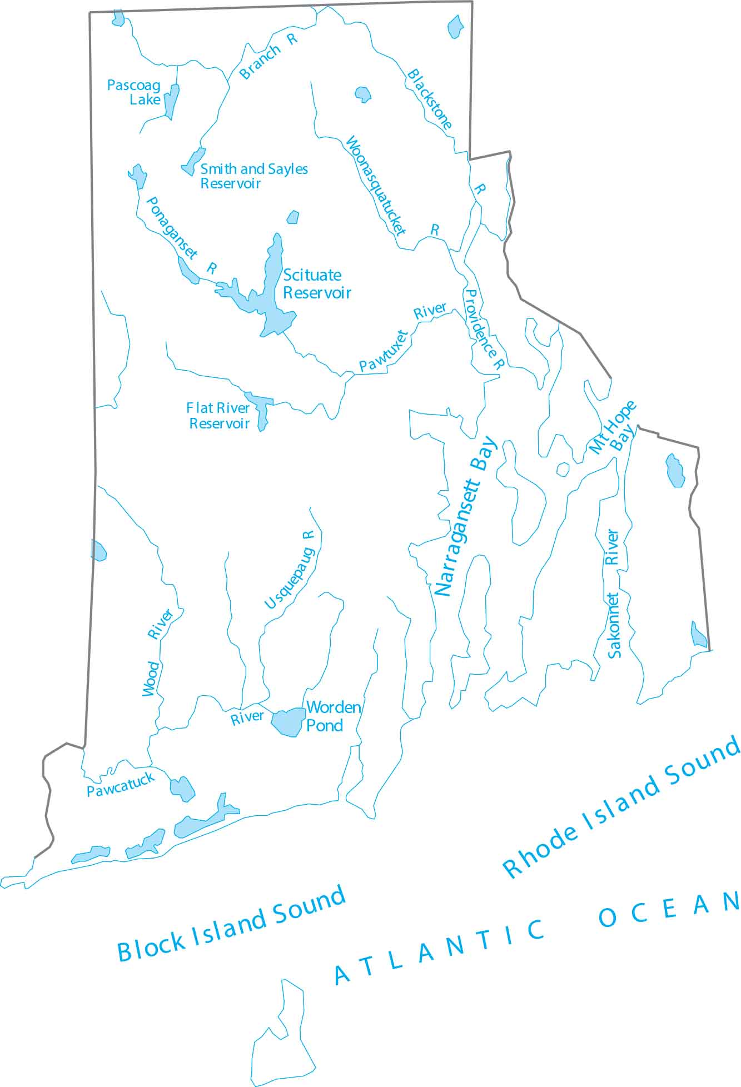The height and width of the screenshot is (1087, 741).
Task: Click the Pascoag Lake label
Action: pyautogui.click(x=134, y=93)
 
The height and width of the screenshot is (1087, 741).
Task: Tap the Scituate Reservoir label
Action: pyautogui.click(x=317, y=284)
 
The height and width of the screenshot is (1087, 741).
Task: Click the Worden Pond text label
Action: pyautogui.click(x=333, y=716)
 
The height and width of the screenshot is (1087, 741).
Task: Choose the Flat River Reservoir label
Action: pyautogui.click(x=218, y=416)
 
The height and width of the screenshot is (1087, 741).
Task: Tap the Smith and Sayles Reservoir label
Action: pyautogui.click(x=253, y=176)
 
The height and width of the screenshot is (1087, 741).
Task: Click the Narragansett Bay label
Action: pyautogui.click(x=464, y=516)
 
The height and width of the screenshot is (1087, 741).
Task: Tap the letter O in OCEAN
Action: pyautogui.click(x=607, y=918)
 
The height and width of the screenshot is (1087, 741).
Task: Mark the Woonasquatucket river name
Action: pyautogui.click(x=376, y=186)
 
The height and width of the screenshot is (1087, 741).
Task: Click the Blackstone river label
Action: pyautogui.click(x=430, y=99)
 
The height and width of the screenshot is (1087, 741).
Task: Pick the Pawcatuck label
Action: pyautogui.click(x=121, y=785)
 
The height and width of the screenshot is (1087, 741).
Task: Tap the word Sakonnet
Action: pyautogui.click(x=614, y=625)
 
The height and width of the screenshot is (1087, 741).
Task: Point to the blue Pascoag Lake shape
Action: pyautogui.click(x=172, y=101)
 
